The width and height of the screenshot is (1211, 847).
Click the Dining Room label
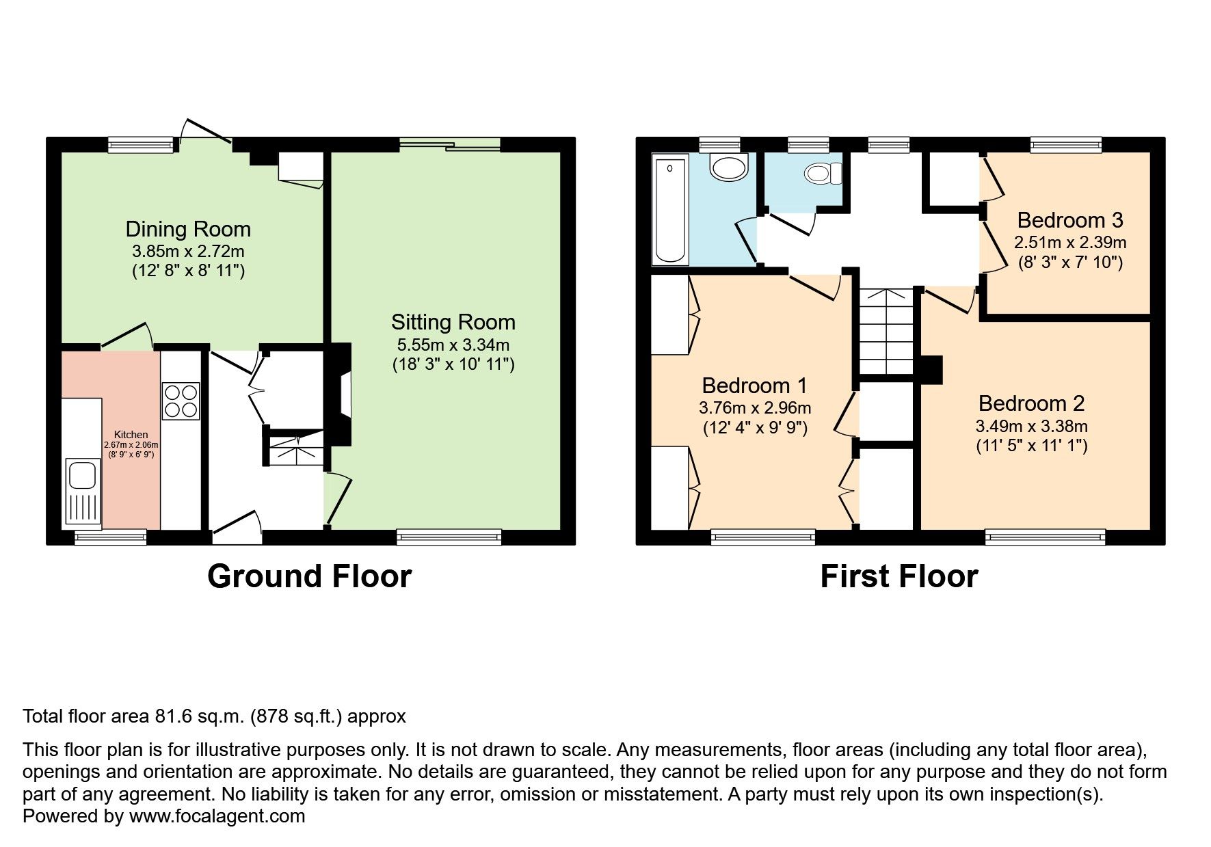[188, 229]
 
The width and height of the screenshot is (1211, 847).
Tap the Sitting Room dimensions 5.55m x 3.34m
[453, 345]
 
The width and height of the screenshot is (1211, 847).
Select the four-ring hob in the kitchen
[181, 401]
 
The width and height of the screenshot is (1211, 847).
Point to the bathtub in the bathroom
[671, 210]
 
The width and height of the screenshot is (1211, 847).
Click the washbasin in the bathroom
[730, 166]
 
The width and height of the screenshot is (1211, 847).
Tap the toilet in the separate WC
[823, 174]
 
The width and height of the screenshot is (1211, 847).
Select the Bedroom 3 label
[1069, 220]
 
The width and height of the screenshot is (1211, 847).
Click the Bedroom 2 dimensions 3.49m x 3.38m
[1031, 427]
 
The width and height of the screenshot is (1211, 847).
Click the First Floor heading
[899, 576]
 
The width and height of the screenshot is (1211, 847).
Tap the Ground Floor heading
[309, 576]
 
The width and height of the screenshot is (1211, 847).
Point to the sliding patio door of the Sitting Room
[450, 144]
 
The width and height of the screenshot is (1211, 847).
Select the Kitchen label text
[131, 435]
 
